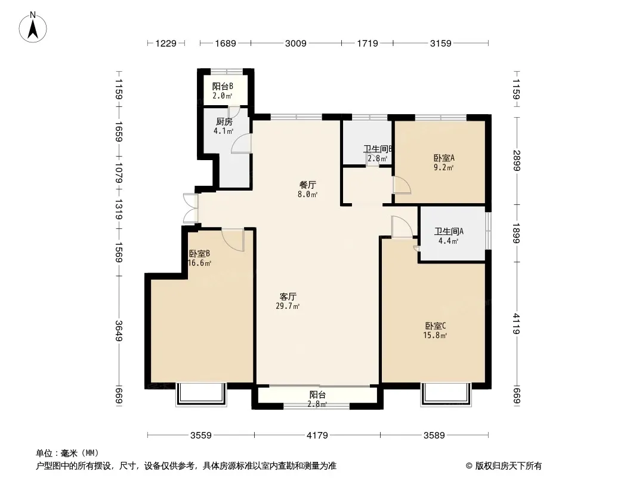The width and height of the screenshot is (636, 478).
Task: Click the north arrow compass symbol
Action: point(33,27)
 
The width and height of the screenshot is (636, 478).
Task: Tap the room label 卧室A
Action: point(444,158)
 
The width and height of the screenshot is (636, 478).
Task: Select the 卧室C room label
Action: point(436,326)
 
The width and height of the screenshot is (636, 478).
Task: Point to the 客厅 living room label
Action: point(288,296)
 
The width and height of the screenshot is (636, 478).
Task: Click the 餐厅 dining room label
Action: point(307,185)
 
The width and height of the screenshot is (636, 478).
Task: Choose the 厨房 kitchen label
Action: point(224,121)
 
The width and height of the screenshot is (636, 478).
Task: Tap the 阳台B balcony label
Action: point(223,87)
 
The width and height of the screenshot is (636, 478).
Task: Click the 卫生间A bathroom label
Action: point(449,231)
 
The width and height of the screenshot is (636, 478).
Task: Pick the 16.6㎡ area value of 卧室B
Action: point(199,263)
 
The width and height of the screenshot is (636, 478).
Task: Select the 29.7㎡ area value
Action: point(288,306)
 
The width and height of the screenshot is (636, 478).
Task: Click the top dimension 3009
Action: point(296,43)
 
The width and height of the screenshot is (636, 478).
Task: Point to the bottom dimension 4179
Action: point(317,436)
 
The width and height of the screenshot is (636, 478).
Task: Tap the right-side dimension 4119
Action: point(516,324)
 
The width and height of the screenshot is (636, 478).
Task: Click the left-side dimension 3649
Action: point(119,331)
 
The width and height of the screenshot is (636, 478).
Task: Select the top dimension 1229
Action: point(166,43)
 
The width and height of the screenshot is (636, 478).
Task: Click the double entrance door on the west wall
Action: point(191,209)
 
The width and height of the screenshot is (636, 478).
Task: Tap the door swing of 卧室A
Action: point(402,185)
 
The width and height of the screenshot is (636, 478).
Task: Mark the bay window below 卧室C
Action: point(446,394)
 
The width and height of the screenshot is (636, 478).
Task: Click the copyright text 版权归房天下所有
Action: point(508,466)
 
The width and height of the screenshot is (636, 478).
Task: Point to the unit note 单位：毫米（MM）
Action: point(67,454)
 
